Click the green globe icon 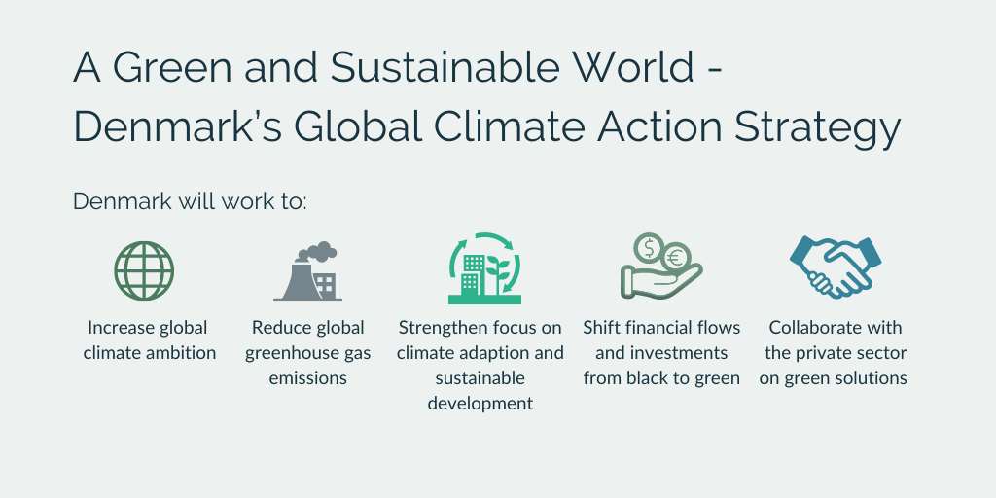(x=144, y=270)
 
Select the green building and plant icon (x=484, y=268)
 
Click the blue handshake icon (x=836, y=267)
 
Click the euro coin (x=676, y=257)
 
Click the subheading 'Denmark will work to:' (x=190, y=201)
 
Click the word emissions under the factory (x=308, y=378)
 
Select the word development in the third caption (x=480, y=404)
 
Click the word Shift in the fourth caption (x=596, y=327)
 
